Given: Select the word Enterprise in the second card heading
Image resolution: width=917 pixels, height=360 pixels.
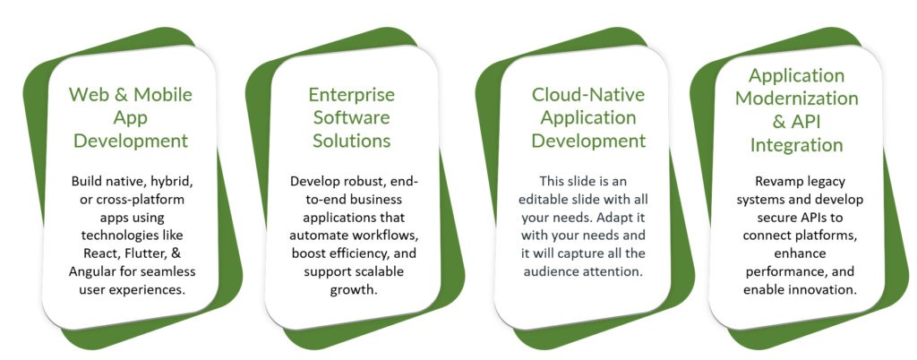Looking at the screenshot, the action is (351, 94).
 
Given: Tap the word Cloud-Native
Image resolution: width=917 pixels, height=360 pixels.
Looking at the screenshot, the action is (588, 94).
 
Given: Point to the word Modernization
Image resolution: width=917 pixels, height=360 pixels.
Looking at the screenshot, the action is (796, 99).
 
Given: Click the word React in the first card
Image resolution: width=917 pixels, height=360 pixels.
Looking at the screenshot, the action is (85, 253).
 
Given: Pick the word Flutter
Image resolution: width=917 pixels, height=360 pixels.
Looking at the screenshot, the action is (125, 253).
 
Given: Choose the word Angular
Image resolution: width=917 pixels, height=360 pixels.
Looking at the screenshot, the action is (89, 271).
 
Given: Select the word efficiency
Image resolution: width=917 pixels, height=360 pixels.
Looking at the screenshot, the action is (357, 253).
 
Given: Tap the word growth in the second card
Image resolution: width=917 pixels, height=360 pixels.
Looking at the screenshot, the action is (352, 290).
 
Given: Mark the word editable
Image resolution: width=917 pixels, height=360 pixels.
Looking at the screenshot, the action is (544, 200).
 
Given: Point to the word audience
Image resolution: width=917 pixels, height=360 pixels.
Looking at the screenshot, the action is (551, 271).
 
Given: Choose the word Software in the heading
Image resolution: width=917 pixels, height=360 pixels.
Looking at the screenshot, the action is (351, 117).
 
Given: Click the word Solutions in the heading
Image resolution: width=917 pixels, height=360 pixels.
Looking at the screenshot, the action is (351, 141).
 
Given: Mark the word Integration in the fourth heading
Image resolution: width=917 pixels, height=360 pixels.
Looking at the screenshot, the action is (796, 145).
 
